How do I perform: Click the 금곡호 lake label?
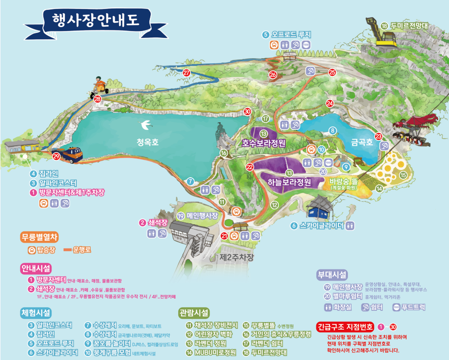click(x=362, y=142)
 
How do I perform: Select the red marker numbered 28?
click(x=97, y=99)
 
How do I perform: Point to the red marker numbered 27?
click(x=187, y=73)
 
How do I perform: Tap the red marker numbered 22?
click(x=250, y=166)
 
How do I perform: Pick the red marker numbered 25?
click(x=332, y=72)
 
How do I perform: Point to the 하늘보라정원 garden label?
click(x=289, y=182)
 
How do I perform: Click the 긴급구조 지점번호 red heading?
click(x=345, y=327)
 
